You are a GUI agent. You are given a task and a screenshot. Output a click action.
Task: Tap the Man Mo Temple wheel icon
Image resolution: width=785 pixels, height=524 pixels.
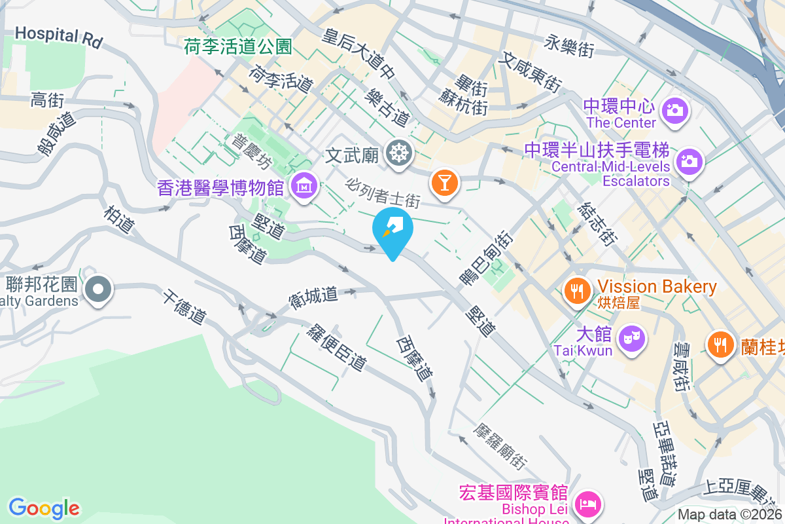click(x=397, y=154)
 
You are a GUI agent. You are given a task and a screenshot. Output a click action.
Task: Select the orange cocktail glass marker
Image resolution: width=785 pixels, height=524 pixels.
click(x=445, y=181)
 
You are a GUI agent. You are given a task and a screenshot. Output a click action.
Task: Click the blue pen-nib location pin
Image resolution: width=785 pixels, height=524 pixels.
click(x=392, y=229)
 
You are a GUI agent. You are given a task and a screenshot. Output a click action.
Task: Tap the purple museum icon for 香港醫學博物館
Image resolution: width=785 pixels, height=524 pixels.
click(x=304, y=186)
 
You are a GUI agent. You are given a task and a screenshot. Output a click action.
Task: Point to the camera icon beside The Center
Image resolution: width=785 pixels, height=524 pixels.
click(x=673, y=109)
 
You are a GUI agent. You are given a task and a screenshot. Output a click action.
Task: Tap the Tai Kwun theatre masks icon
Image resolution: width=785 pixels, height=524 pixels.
click(x=633, y=338)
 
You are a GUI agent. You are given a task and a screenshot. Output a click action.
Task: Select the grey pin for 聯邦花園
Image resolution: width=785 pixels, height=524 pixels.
click(x=99, y=288)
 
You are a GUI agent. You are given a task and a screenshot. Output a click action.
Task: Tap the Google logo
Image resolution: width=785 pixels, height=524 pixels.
click(x=44, y=508)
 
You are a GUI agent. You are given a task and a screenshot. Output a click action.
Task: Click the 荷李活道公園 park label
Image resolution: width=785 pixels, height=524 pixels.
click(x=237, y=47)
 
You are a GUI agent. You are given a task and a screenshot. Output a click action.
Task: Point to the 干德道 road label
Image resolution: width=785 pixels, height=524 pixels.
click(x=184, y=307)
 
